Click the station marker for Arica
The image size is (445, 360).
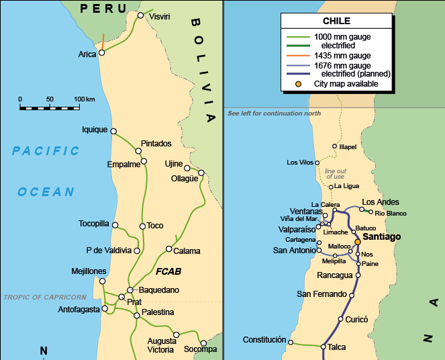tap(101, 52)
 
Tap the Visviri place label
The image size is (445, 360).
tap(160, 16)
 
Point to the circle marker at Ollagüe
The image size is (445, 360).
tap(201, 173)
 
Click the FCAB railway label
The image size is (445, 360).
tap(168, 273)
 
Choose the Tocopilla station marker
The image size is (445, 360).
tap(115, 225)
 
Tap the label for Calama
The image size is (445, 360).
tap(187, 251)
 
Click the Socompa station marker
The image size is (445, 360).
tap(203, 343)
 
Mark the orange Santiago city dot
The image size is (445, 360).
tap(357, 242)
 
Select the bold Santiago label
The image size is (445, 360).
tap(382, 237)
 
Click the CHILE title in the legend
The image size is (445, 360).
tap(336, 21)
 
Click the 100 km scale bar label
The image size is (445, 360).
tap(85, 99)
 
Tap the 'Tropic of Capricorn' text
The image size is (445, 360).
tap(44, 297)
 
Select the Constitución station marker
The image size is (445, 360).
tap(291, 342)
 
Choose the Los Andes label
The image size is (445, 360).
tap(380, 202)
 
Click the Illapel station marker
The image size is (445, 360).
tap(334, 146)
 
